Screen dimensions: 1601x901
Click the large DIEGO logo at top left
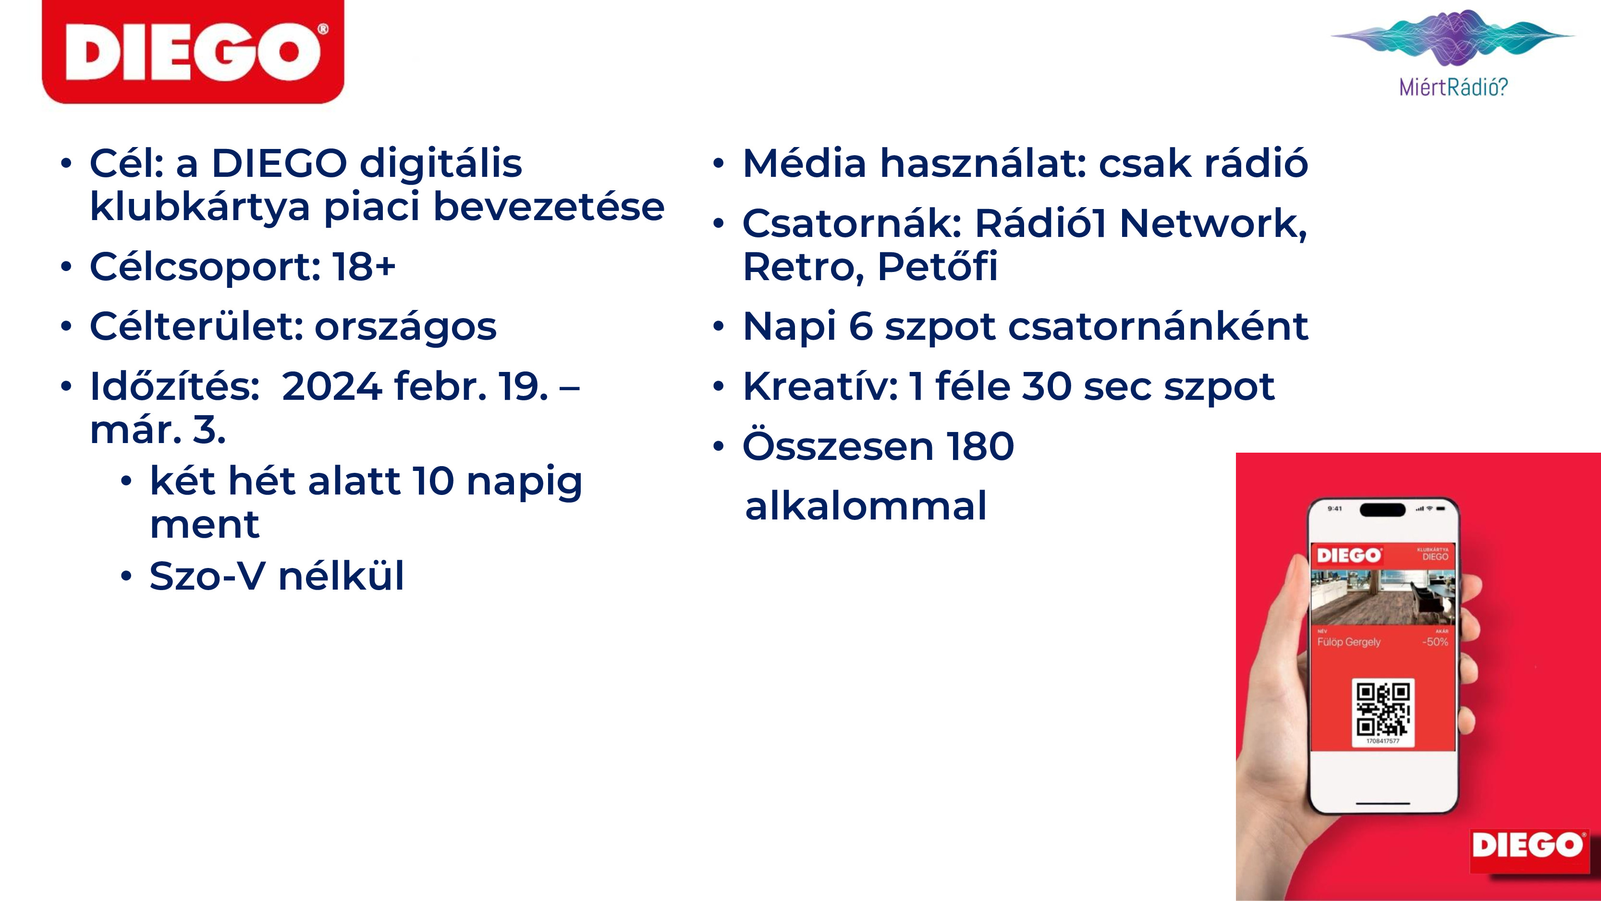coord(193,51)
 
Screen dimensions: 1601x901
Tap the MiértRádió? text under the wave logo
coord(1453,86)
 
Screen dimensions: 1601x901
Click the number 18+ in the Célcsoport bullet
coord(364,266)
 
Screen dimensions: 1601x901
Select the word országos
coord(405,328)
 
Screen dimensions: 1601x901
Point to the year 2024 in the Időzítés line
coord(331,386)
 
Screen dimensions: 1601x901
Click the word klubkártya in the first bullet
coord(199,208)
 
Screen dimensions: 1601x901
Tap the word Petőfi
coord(937,267)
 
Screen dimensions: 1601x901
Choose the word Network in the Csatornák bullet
coord(1212,224)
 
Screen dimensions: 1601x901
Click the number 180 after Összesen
coord(980,446)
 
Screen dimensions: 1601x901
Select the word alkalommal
coord(866,506)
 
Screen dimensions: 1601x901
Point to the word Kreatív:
coord(820,386)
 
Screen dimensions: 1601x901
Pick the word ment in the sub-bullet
coord(205,525)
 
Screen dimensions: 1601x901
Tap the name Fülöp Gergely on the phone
coord(1349,642)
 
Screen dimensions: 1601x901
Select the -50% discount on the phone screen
coord(1435,642)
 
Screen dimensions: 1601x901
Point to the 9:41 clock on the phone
coord(1334,508)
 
